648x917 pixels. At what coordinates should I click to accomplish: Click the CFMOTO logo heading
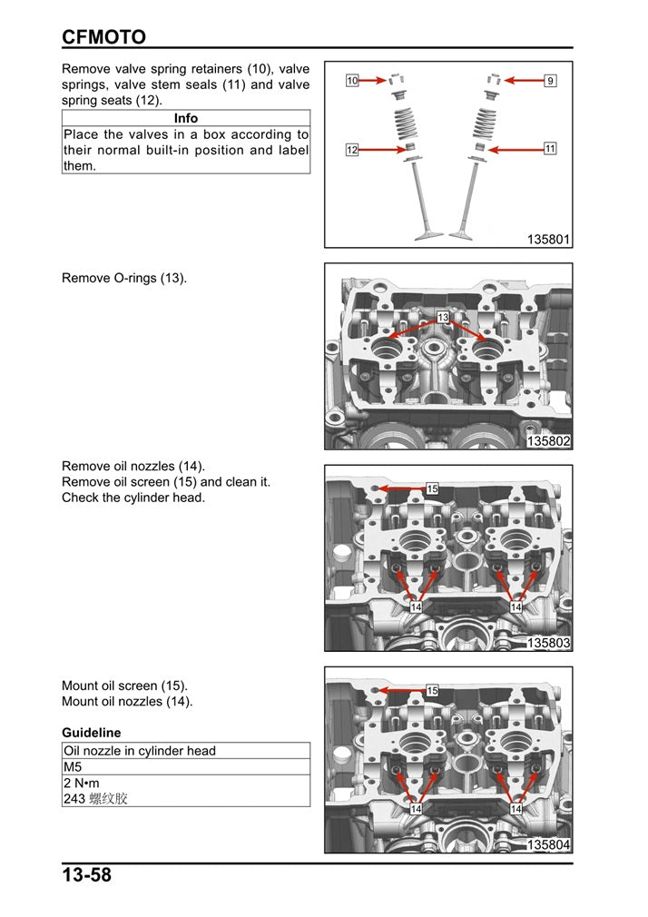(103, 36)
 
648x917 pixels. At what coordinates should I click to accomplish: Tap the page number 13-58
(87, 876)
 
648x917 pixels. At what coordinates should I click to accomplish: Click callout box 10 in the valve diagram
(353, 81)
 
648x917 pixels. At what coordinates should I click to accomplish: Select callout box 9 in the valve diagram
(550, 81)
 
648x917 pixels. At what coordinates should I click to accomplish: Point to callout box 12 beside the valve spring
(352, 150)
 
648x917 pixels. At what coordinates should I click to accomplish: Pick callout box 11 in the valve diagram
(550, 147)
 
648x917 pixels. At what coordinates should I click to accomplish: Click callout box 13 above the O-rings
(443, 317)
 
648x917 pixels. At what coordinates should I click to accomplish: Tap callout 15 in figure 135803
(433, 488)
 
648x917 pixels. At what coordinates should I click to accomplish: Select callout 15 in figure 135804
(433, 691)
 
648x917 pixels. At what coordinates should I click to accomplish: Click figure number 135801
(548, 240)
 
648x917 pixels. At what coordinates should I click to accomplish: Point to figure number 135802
(548, 441)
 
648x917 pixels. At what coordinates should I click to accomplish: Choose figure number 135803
(548, 643)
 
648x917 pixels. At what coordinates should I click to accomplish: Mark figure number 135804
(548, 845)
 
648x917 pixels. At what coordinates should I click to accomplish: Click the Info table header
(185, 118)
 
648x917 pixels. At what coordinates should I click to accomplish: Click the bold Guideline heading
(91, 732)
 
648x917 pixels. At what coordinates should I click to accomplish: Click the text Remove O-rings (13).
(124, 278)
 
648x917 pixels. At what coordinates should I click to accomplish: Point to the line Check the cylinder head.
(133, 498)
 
